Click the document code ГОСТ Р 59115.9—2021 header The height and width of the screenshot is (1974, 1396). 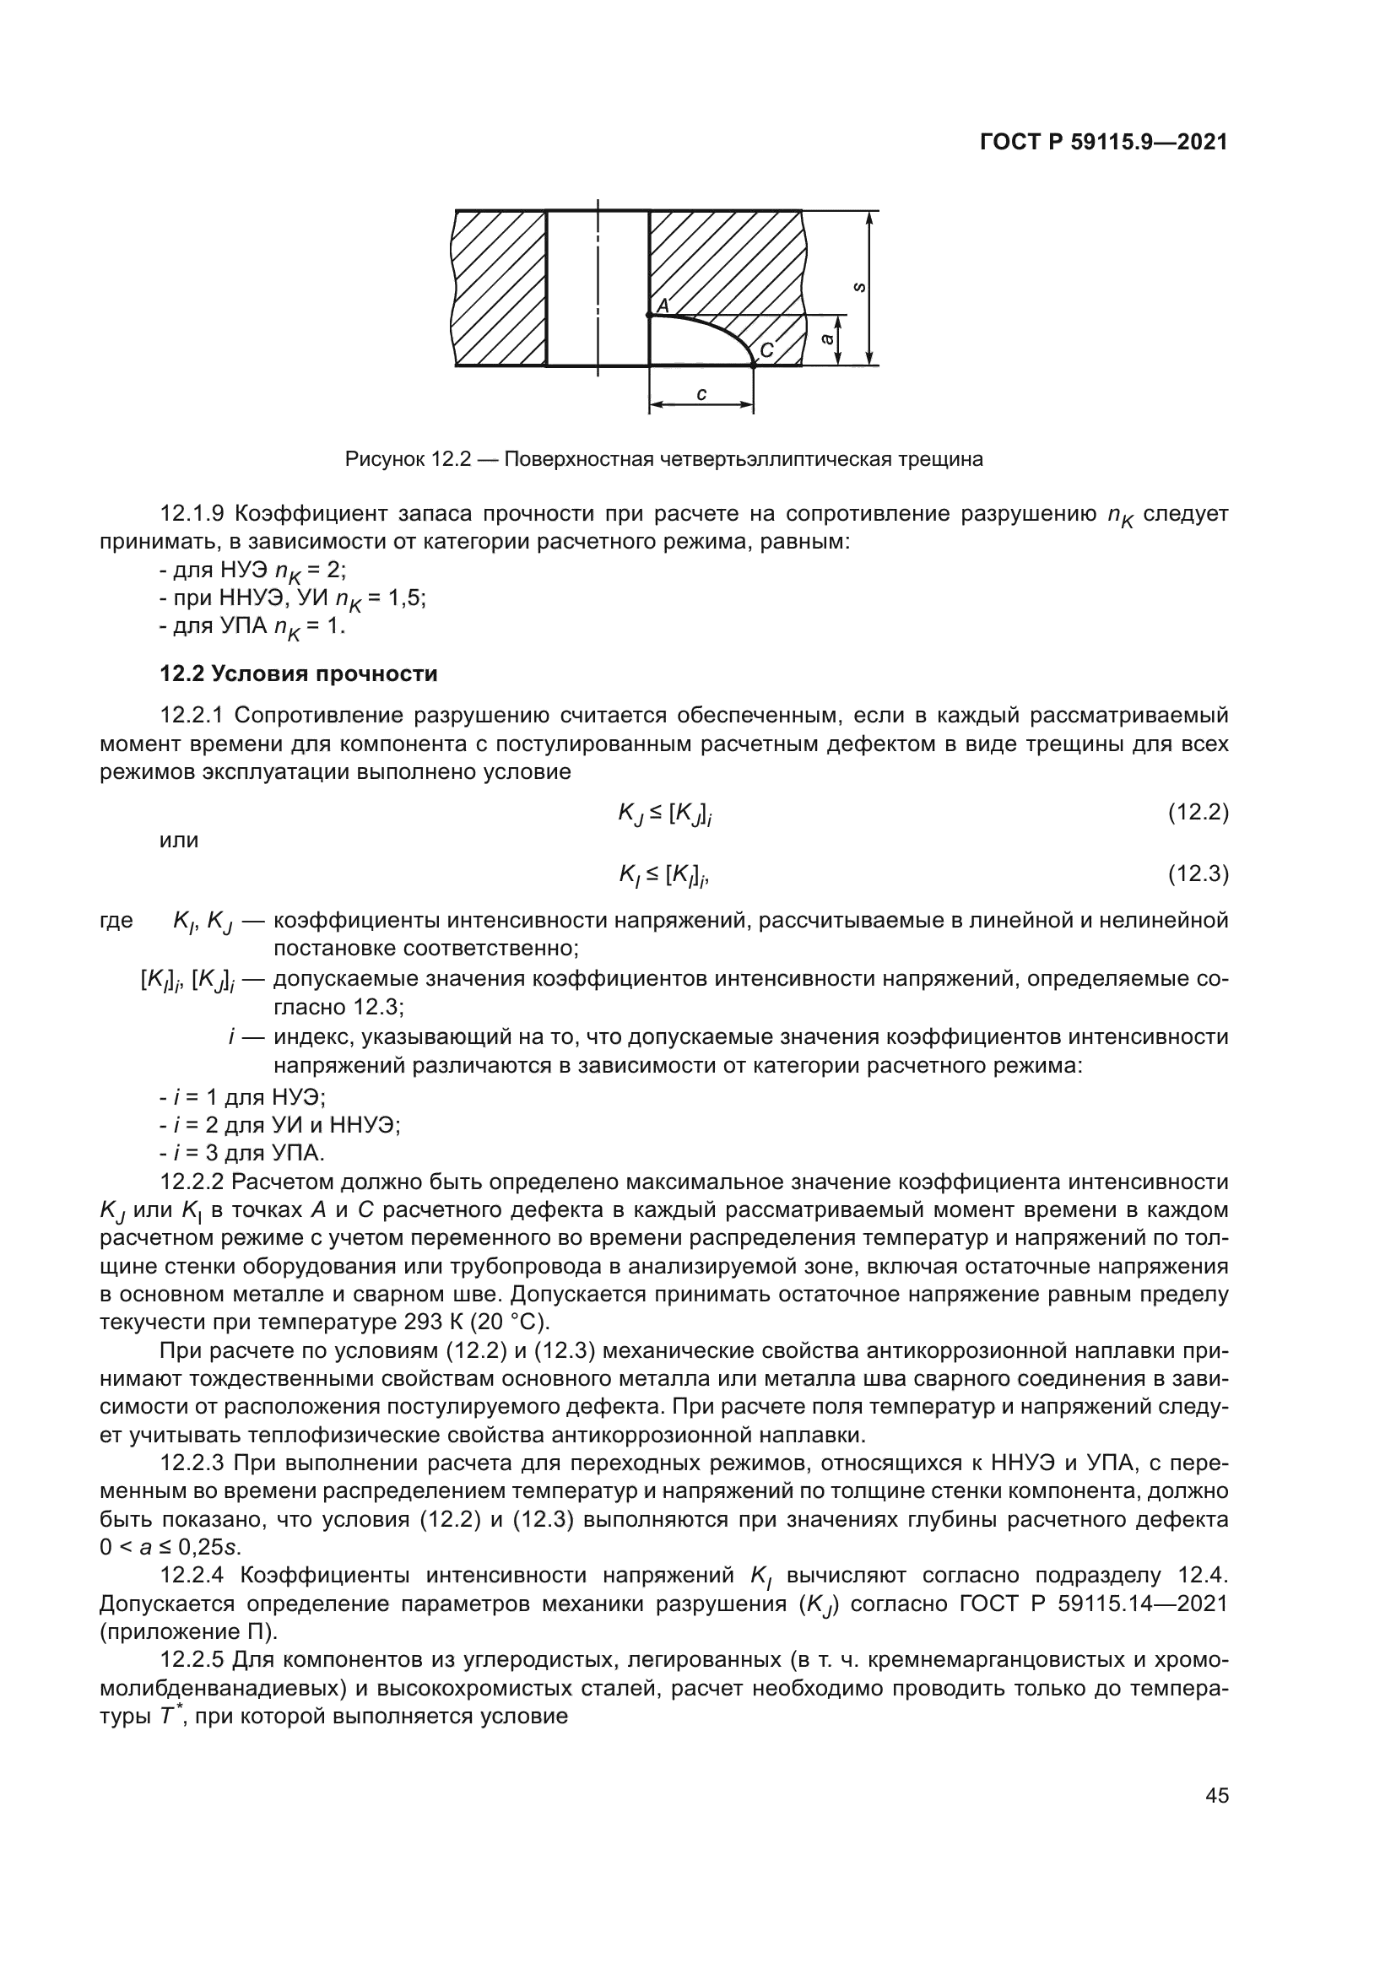1104,143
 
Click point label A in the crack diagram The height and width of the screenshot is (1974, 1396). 663,306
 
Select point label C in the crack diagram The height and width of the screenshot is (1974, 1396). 766,350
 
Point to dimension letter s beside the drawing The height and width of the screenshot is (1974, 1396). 858,288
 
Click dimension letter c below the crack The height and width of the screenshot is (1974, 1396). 701,395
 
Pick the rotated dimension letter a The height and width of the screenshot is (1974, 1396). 827,339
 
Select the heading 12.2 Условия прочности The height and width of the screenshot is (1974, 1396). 298,674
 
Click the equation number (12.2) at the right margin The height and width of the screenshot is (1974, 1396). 1198,812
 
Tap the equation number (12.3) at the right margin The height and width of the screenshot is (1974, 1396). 1198,874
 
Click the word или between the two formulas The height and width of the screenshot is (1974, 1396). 180,841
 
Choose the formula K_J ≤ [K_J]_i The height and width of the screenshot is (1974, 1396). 664,814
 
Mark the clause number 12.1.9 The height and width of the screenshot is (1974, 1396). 192,514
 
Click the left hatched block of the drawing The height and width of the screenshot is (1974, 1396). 500,288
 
